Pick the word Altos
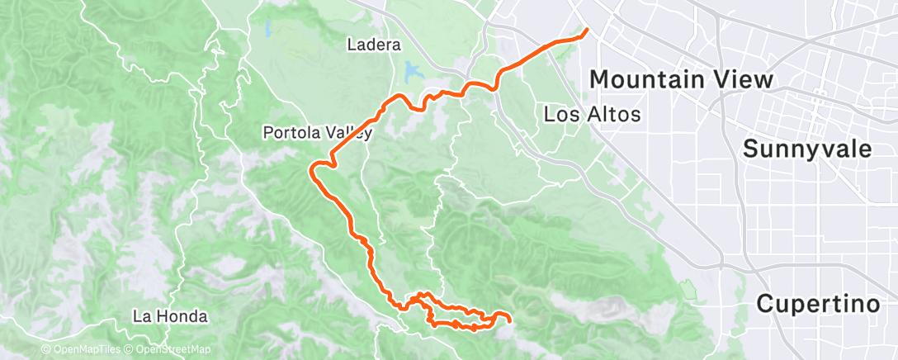coord(614,115)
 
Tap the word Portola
coord(290,132)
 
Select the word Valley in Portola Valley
coord(349,132)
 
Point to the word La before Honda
coord(143,316)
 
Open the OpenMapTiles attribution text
coord(86,350)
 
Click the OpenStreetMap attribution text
coord(171,350)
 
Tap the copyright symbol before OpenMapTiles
coord(46,350)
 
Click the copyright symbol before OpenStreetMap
coord(130,350)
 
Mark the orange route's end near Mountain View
coord(586,31)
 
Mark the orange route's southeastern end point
coord(510,320)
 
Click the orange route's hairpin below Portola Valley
coord(313,172)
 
